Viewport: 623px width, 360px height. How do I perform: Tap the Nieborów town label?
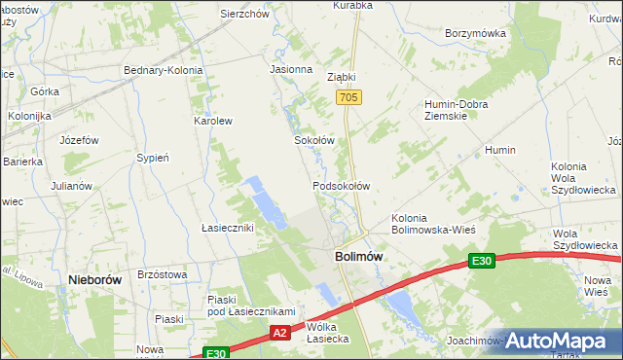click(x=94, y=279)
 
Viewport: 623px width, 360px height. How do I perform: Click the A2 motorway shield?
click(x=280, y=333)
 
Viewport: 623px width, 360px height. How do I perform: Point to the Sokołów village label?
click(x=314, y=140)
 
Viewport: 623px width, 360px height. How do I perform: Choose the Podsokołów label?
click(x=341, y=185)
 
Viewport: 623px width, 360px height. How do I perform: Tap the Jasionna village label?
click(x=291, y=70)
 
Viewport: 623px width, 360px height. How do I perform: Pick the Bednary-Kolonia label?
click(x=163, y=70)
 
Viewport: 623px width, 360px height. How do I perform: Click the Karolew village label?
click(x=213, y=122)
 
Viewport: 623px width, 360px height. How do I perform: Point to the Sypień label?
click(x=154, y=157)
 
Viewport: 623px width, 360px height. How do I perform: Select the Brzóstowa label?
click(x=163, y=275)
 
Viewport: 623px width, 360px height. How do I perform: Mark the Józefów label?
click(x=79, y=140)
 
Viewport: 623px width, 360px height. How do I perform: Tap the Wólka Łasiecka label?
click(x=327, y=333)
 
